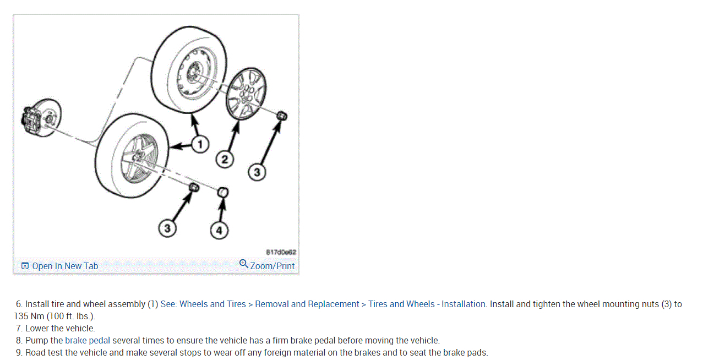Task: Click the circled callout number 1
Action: [200, 145]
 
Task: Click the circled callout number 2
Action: [224, 160]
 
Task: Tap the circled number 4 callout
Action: [219, 231]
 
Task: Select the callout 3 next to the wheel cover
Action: [257, 172]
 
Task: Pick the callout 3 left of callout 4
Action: [168, 227]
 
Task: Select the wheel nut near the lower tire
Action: [193, 188]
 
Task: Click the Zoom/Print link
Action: [273, 266]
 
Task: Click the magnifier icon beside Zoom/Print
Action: [244, 264]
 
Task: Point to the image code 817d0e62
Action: [281, 252]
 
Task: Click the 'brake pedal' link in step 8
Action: [88, 340]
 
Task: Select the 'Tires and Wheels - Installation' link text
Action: [427, 304]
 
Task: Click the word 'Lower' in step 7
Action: [37, 328]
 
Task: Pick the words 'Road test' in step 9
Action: [43, 352]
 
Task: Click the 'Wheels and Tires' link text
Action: [213, 304]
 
